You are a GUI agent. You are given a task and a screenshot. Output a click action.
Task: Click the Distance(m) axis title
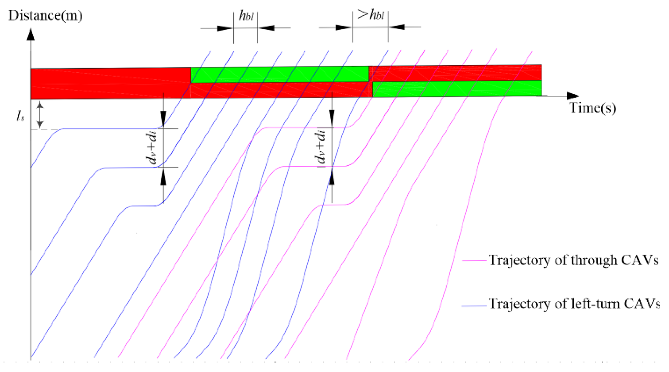coord(45,16)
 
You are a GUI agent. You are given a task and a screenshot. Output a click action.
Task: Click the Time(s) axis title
coord(592,108)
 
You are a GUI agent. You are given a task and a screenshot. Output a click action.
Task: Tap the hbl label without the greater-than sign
coord(246,16)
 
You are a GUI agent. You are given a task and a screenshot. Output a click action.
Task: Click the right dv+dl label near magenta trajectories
coord(320,147)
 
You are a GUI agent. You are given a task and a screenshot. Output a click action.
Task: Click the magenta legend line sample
coord(474,260)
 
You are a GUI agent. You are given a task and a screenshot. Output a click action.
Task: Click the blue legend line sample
coord(474,306)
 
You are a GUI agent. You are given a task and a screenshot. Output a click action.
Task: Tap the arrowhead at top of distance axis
coord(31,34)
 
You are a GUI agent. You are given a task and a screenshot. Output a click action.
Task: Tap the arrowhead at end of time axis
coord(572,96)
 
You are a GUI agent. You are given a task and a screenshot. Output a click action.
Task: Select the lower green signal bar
coord(457,89)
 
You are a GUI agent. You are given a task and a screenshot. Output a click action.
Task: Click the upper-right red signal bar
coord(455,73)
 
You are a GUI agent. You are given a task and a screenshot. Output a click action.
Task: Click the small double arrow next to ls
coord(40,115)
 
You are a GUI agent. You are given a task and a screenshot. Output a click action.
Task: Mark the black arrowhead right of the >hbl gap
coord(397,27)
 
